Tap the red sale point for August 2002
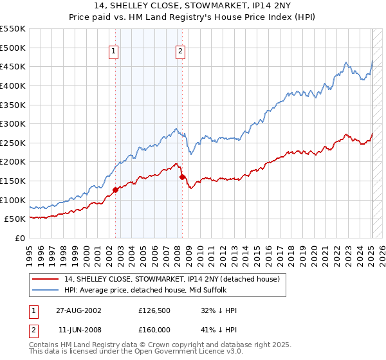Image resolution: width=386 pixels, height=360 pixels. pos(116,190)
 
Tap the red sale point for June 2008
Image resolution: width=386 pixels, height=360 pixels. pos(182,177)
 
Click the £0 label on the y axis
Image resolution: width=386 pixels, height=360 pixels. pos(20,238)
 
